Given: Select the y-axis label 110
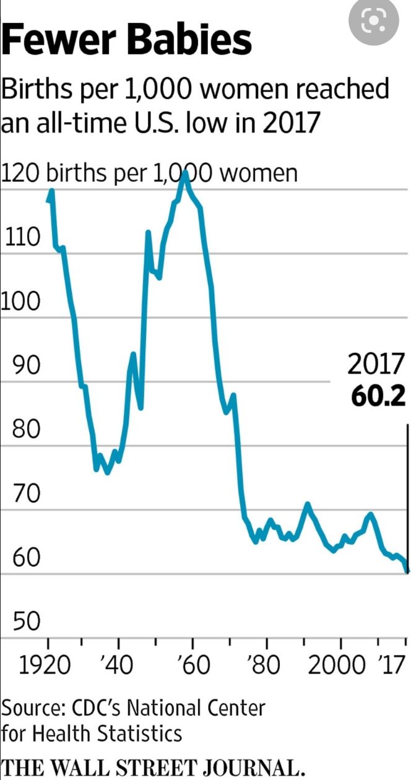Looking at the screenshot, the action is click(22, 237).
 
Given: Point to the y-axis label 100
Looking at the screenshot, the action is click(20, 301).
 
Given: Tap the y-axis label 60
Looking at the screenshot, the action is click(27, 558).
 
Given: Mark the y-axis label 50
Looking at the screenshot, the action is click(27, 622).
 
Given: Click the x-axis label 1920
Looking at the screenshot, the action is click(44, 666).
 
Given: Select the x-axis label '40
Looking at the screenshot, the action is click(116, 666).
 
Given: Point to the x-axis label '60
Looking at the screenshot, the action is click(193, 666).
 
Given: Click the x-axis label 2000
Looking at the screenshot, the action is click(337, 666).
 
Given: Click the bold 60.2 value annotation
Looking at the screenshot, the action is click(378, 397).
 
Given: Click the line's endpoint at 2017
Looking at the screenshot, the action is click(407, 571).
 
